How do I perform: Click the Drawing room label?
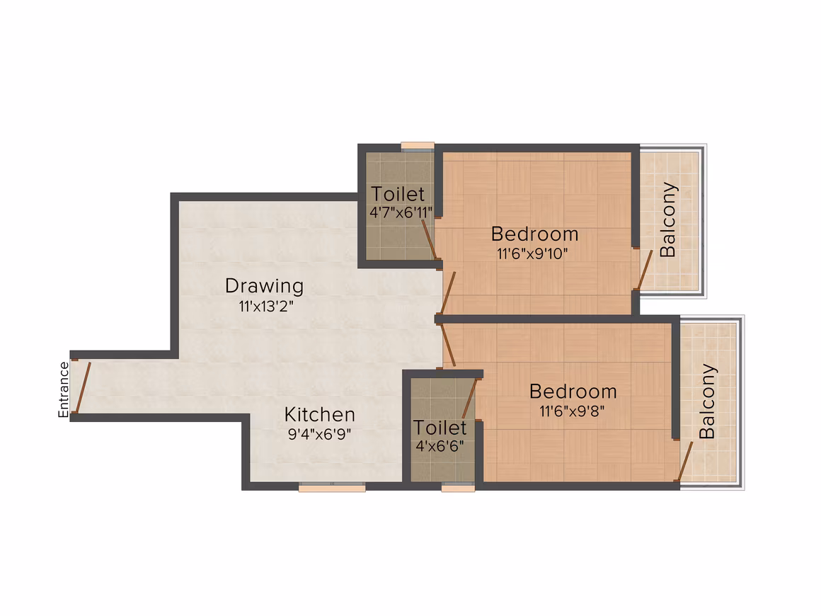(x=265, y=286)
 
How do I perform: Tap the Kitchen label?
(x=320, y=414)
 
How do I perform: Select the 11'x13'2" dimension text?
(x=266, y=306)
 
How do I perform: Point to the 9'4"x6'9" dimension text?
(x=319, y=434)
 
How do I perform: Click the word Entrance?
(x=64, y=389)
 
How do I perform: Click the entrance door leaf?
(x=83, y=387)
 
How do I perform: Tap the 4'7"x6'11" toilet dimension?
(x=401, y=212)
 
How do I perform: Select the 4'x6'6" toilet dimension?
(x=440, y=446)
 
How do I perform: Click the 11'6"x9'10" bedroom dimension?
(x=532, y=254)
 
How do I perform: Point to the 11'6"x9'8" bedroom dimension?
(x=573, y=411)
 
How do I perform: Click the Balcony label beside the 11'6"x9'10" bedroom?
(x=668, y=219)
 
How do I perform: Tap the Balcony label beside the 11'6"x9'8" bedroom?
(x=707, y=401)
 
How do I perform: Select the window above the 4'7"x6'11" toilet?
(x=418, y=147)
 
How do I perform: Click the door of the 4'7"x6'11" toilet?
(x=430, y=239)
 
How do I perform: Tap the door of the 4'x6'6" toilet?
(x=470, y=398)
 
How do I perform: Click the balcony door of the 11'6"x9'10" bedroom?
(x=645, y=270)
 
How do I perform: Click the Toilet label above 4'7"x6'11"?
(x=398, y=194)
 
